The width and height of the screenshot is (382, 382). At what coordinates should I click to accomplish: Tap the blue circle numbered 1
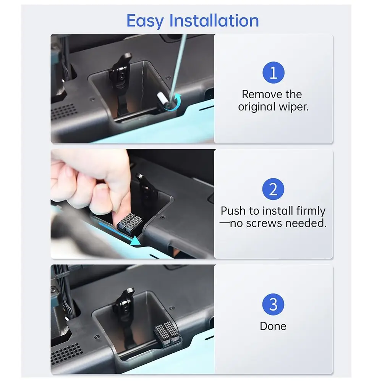273,73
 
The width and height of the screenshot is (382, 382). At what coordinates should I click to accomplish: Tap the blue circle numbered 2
273,189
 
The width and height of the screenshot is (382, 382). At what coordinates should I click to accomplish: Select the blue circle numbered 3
273,304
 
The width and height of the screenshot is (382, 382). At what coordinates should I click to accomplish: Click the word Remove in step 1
259,94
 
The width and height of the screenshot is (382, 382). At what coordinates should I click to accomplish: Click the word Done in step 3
273,326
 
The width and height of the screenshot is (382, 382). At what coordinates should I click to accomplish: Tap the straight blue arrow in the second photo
115,233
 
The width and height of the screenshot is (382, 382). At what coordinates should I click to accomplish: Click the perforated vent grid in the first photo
63,112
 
